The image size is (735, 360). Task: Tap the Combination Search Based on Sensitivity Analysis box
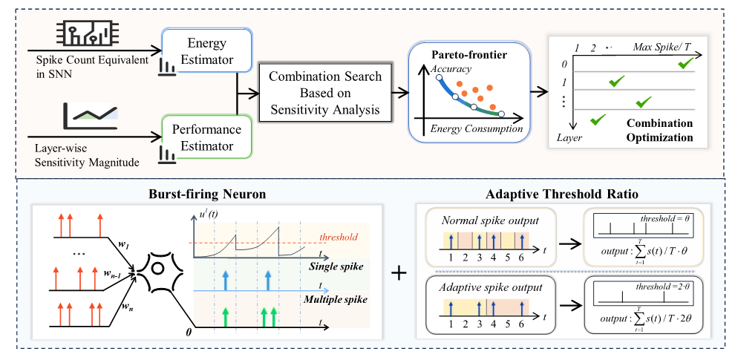pyautogui.click(x=325, y=94)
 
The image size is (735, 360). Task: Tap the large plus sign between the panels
pyautogui.click(x=399, y=272)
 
